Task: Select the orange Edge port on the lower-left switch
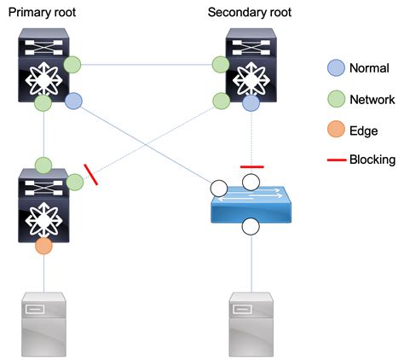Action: point(43,246)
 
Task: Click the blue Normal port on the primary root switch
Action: point(74,102)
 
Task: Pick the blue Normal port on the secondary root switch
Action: point(251,102)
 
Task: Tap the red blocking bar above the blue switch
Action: point(251,167)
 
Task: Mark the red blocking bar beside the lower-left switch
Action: point(90,176)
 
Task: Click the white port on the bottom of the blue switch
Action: point(251,227)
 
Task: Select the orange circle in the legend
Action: point(336,131)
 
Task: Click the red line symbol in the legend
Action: point(336,160)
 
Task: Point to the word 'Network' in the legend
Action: point(372,100)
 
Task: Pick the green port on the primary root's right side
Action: point(73,63)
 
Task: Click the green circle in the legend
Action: point(336,100)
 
